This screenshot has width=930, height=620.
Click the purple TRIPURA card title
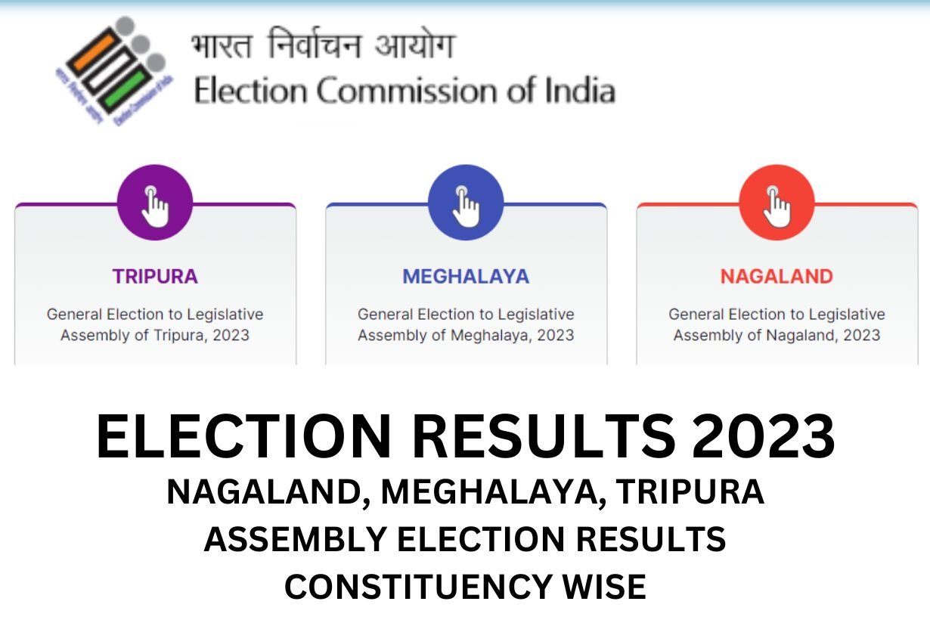155,277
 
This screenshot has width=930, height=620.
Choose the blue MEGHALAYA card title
466,277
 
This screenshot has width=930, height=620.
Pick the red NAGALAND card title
777,277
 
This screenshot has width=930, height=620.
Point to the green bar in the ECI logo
126,89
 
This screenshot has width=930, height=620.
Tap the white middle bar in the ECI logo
109,70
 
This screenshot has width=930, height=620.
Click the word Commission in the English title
407,91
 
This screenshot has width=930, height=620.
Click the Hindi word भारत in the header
222,45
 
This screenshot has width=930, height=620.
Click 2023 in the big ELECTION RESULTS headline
763,436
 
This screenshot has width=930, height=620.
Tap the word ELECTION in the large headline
244,436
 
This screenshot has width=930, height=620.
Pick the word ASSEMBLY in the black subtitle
296,539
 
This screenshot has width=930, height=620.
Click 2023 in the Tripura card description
231,335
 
